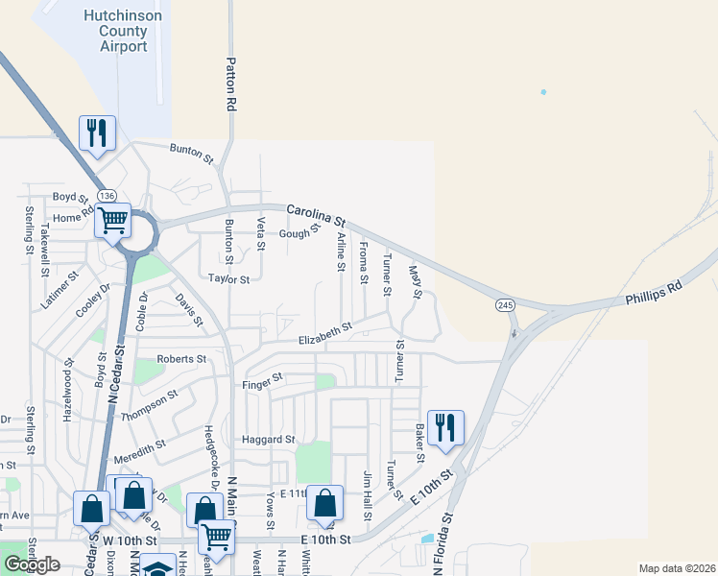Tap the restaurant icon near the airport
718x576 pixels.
(97, 132)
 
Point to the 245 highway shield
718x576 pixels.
(504, 304)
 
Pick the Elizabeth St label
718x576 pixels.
(325, 333)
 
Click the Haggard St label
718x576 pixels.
(269, 440)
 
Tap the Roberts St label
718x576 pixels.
(182, 358)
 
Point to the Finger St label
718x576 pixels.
(262, 379)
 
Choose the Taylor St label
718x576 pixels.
(228, 279)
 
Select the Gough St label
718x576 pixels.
(299, 232)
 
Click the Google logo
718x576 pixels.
(32, 564)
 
